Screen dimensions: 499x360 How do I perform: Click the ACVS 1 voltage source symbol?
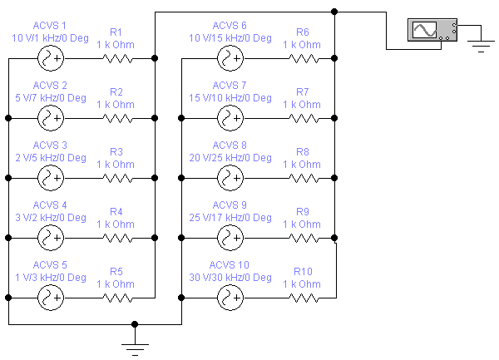[x=51, y=58]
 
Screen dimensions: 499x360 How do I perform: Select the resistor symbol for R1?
[x=117, y=58]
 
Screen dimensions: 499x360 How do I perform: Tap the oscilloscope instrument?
[x=432, y=30]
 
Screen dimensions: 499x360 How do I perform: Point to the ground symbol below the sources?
[x=135, y=349]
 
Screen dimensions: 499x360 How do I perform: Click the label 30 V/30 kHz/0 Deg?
[x=230, y=278]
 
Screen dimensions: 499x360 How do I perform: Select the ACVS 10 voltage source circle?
[x=230, y=298]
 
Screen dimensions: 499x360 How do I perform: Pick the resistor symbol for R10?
[x=304, y=298]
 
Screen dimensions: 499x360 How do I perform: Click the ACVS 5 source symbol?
[x=51, y=298]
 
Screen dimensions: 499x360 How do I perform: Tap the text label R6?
[x=303, y=32]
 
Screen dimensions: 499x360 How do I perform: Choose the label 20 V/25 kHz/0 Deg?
[x=230, y=158]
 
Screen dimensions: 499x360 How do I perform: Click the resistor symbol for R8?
[x=304, y=179]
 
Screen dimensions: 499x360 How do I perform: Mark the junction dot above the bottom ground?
[x=135, y=324]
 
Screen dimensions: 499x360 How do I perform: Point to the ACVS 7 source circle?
[x=230, y=118]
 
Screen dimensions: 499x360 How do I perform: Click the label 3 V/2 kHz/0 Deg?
[x=51, y=218]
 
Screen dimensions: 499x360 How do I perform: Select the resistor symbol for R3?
[x=117, y=179]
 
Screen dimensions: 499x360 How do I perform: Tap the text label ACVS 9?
[x=230, y=205]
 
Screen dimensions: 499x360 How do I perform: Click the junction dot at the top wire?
[x=334, y=12]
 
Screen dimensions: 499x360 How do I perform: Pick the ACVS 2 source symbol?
[x=51, y=118]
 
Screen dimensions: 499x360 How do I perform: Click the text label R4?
[x=116, y=212]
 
